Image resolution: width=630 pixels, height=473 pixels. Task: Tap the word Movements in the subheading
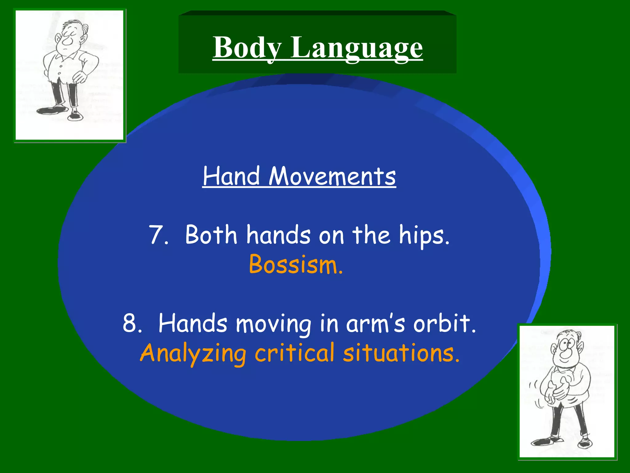pos(332,176)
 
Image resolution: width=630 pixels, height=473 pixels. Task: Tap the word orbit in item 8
pos(444,323)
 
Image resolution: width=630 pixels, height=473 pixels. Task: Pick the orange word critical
pos(294,353)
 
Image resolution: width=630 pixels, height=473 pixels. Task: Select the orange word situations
pos(401,353)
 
